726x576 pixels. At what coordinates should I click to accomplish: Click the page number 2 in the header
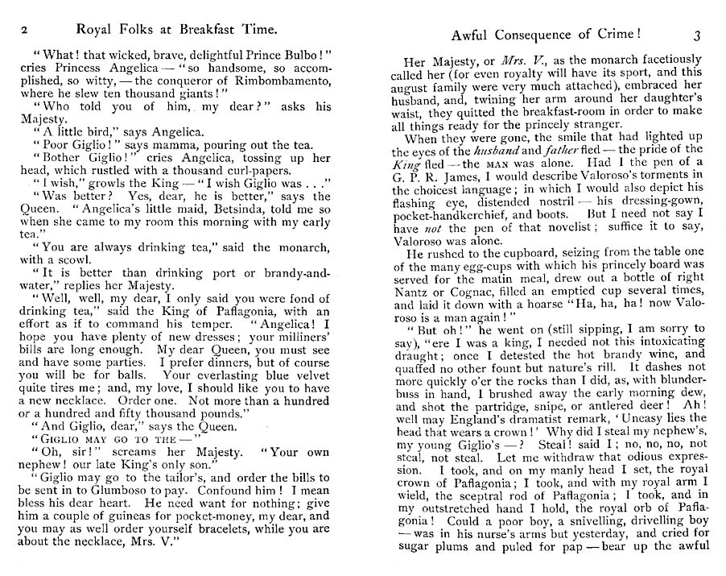(25, 30)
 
